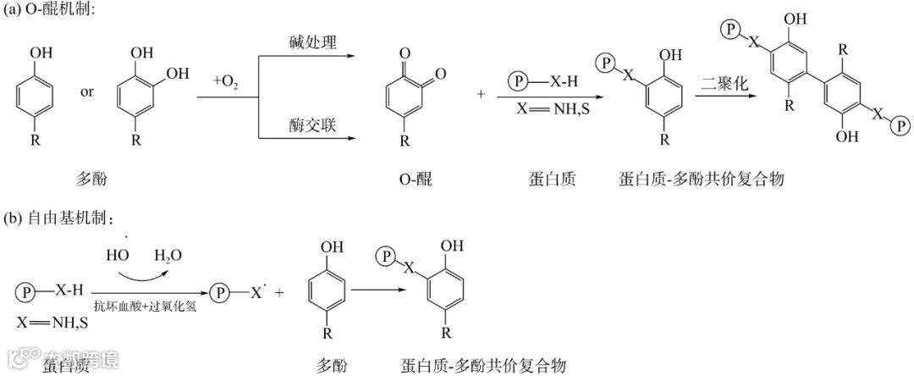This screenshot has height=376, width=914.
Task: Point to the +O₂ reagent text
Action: tap(226, 80)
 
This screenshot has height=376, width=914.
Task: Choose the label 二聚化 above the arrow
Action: tap(725, 83)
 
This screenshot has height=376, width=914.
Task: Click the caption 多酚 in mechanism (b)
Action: tap(332, 366)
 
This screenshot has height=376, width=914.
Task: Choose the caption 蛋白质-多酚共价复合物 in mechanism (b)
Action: tap(483, 366)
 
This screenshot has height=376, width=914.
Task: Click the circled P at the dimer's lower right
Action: tap(901, 126)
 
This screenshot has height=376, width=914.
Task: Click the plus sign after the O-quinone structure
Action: tap(482, 93)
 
